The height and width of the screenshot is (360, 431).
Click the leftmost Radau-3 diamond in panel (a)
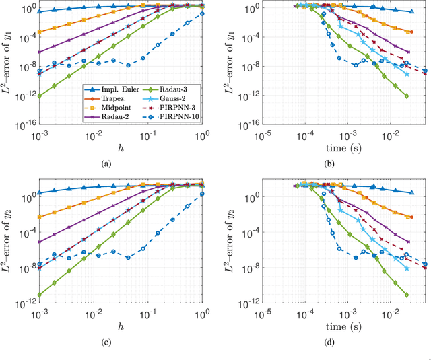tap(39, 96)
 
